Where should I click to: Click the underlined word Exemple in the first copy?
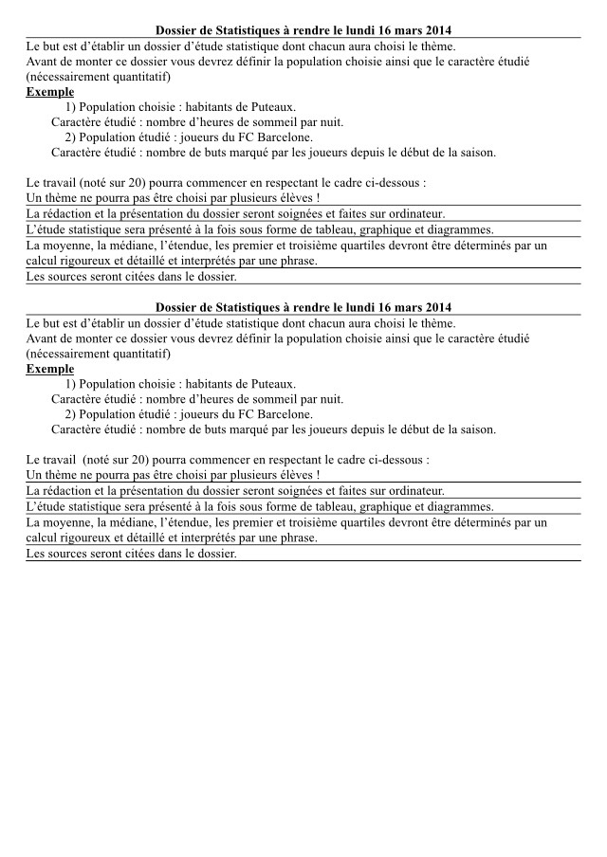50,92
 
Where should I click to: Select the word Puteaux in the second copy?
275,384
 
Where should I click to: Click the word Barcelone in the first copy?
283,137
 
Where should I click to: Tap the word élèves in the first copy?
293,198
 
